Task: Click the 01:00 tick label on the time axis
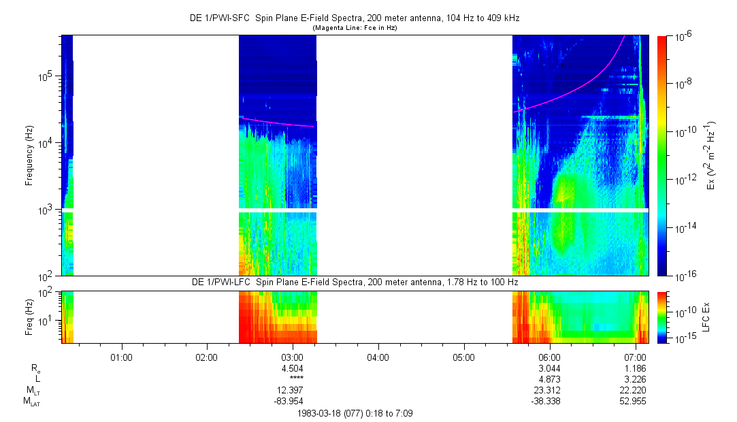point(121,356)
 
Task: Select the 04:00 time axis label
point(378,356)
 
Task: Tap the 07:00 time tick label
point(635,356)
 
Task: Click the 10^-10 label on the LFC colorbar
point(686,311)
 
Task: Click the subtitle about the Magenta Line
point(355,29)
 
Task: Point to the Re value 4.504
point(292,368)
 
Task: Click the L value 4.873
point(549,378)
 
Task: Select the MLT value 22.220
point(634,390)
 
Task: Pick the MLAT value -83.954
point(291,401)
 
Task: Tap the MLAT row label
point(32,401)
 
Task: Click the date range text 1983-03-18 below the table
point(354,413)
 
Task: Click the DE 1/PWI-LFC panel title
point(355,282)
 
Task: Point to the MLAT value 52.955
point(634,401)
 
